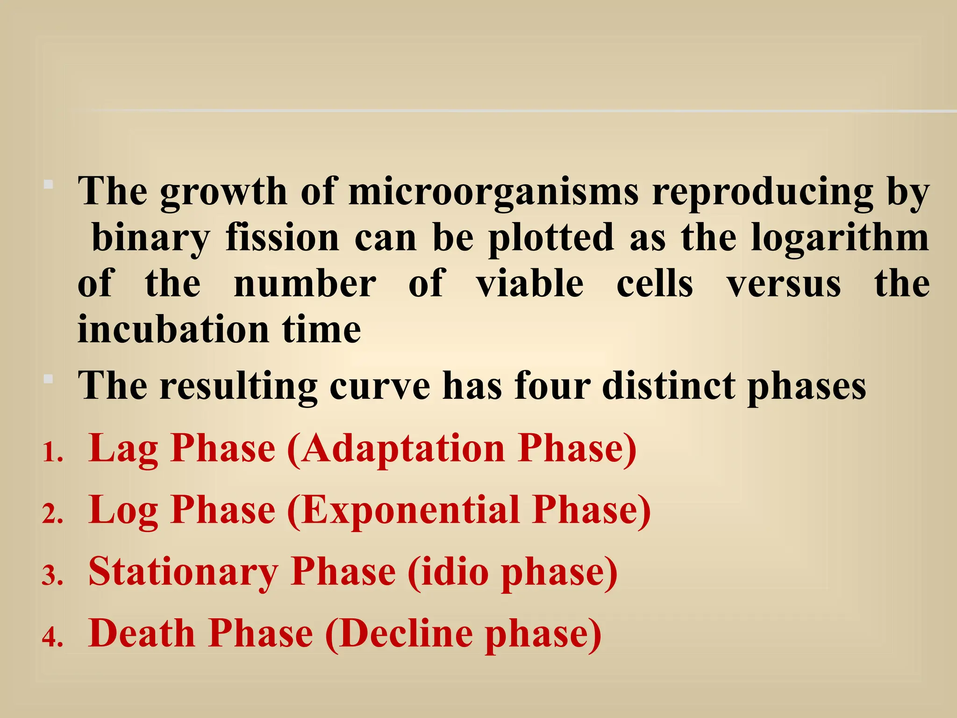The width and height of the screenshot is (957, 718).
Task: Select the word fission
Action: [x=282, y=237]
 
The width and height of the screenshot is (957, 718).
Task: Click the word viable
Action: [x=530, y=283]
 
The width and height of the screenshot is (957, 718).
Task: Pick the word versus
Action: [x=784, y=283]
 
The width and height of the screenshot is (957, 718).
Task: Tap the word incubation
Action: [x=173, y=329]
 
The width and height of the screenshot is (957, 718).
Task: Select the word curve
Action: [x=380, y=386]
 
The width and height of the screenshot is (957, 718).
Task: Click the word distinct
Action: [x=669, y=386]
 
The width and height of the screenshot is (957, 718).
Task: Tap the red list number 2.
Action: [x=52, y=515]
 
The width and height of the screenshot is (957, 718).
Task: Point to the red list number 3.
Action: [x=52, y=576]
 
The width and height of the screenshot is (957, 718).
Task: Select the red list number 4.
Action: [x=52, y=638]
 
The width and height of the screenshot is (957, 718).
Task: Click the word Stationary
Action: [x=183, y=573]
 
